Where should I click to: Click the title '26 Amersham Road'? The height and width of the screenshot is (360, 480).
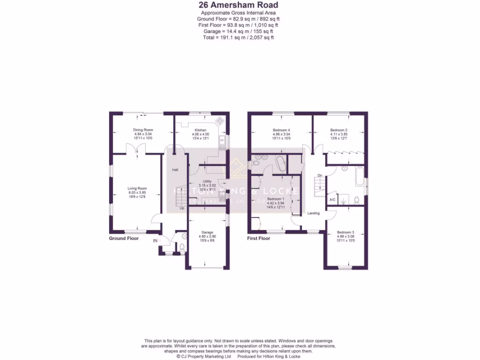pos(238,5)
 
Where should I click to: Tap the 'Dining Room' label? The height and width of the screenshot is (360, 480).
pos(143,130)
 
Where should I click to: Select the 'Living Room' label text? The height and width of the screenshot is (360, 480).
pos(137,188)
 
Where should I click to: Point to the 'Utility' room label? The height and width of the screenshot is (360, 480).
pos(207,181)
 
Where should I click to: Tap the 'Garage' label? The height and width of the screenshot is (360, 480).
pos(207,232)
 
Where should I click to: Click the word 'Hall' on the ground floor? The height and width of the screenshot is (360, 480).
pos(175,170)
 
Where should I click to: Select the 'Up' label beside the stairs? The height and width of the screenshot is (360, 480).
pos(181,208)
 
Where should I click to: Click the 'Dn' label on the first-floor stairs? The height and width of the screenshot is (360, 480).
pos(319,176)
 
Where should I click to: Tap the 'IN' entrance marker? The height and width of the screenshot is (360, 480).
pos(155,240)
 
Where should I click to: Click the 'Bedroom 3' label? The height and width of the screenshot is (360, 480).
pos(345,232)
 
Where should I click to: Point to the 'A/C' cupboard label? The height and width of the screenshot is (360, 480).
pos(332,200)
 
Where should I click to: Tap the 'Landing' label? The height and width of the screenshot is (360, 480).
pos(313,213)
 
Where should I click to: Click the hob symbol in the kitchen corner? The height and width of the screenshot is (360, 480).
pos(219,121)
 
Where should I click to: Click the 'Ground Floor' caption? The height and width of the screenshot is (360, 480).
pos(124,238)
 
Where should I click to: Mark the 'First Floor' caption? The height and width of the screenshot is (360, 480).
pos(259,238)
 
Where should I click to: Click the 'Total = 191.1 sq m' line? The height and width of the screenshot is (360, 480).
pos(238,37)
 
